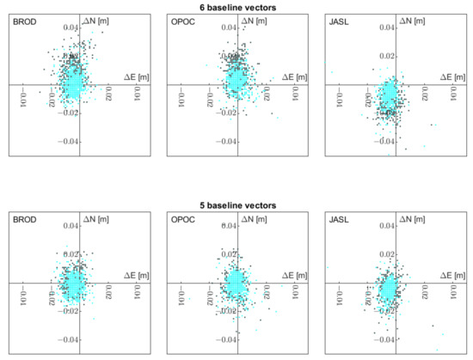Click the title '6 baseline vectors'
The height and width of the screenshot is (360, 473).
236,7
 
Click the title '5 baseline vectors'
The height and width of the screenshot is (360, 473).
236,206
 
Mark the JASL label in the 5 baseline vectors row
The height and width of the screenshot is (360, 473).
340,219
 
